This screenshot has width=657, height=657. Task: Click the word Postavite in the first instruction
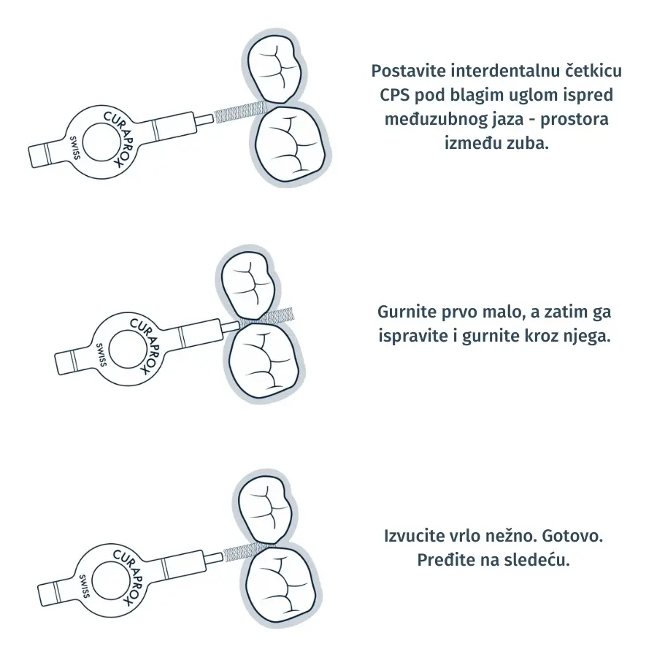point(409,72)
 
